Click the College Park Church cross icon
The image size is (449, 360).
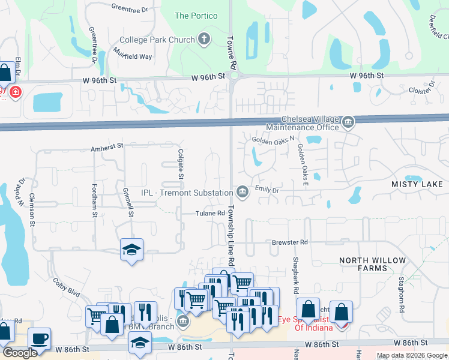tap(204, 40)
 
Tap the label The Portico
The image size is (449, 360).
tap(196, 16)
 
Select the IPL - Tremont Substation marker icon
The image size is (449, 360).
tap(242, 192)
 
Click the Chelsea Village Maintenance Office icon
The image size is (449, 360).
tap(348, 123)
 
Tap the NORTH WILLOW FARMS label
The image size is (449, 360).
tap(372, 264)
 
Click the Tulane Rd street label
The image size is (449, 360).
tap(210, 213)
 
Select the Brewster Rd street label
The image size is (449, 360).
tap(289, 242)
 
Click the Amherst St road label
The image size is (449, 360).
tap(106, 146)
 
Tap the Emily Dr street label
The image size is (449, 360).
tap(267, 190)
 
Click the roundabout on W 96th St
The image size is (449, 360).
tap(234, 76)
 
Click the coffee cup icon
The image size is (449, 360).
tap(39, 338)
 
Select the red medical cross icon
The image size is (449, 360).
tap(14, 92)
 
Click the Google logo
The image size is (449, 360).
tap(20, 353)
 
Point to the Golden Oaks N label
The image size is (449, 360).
tap(273, 140)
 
